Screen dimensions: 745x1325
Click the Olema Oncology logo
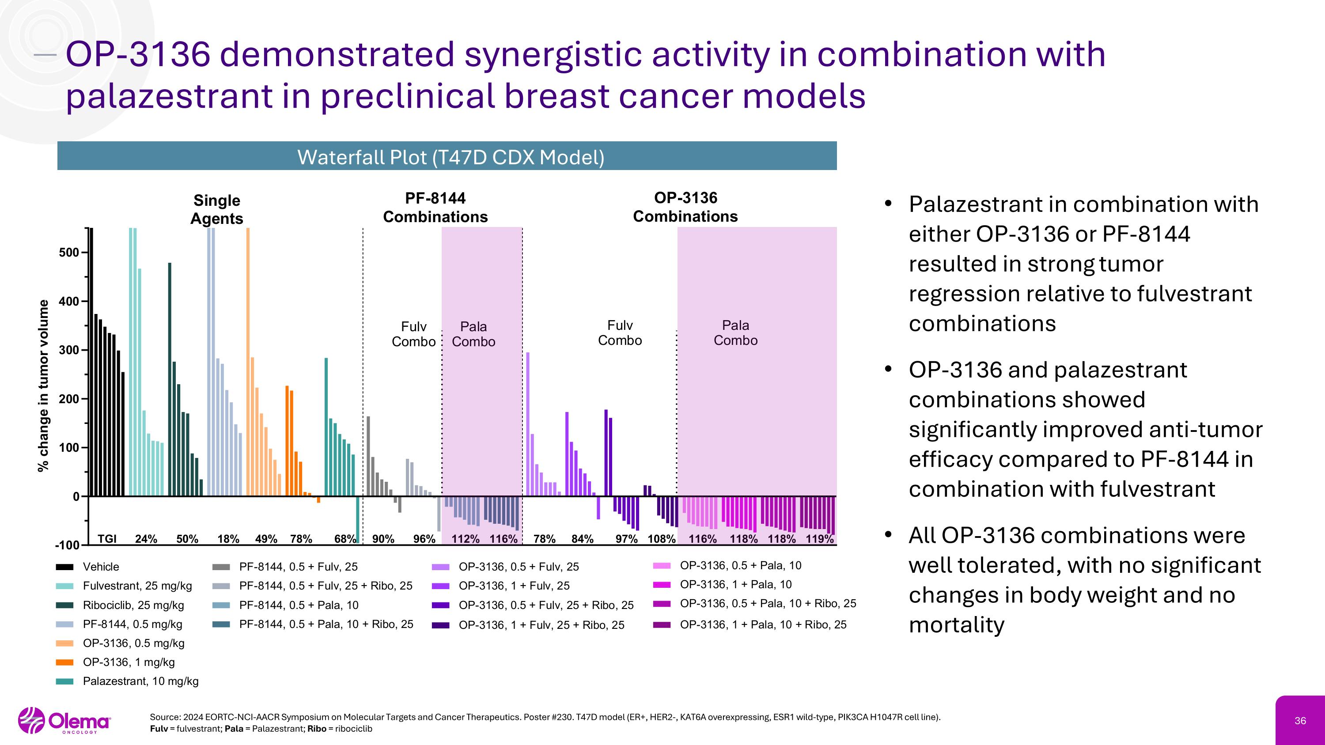pos(64,721)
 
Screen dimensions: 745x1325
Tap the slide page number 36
pos(1300,721)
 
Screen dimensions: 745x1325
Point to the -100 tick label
pos(68,545)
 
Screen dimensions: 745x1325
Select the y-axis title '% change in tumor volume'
pos(43,385)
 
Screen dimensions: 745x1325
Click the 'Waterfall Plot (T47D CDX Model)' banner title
pos(450,157)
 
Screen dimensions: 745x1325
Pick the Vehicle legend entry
pos(101,567)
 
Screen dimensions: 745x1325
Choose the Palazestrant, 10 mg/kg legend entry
pos(140,681)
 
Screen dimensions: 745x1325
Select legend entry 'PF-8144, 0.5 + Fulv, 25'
pos(298,567)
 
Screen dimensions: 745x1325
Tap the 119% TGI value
pos(819,539)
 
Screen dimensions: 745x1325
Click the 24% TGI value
pos(146,539)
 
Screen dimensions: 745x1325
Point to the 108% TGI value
pos(661,539)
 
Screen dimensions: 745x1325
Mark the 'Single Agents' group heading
pos(216,209)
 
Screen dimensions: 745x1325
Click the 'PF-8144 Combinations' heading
pos(435,207)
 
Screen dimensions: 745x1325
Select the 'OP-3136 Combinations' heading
pos(685,207)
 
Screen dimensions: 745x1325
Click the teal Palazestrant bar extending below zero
pos(357,519)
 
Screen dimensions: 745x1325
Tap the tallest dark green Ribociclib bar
pos(170,379)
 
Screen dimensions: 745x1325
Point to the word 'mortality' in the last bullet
pos(956,625)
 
